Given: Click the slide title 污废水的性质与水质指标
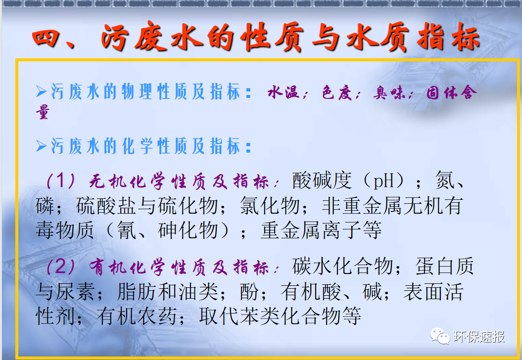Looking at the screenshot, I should pos(256,39).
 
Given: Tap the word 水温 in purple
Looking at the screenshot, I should pos(284,93).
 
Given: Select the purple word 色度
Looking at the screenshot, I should pos(337,93).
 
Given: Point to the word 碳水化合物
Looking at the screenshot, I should pos(342,267).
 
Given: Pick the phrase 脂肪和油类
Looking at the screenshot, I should pos(168,292).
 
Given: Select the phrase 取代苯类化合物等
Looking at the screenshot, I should pos(280,316).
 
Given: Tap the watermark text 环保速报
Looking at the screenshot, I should pos(478,337).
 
